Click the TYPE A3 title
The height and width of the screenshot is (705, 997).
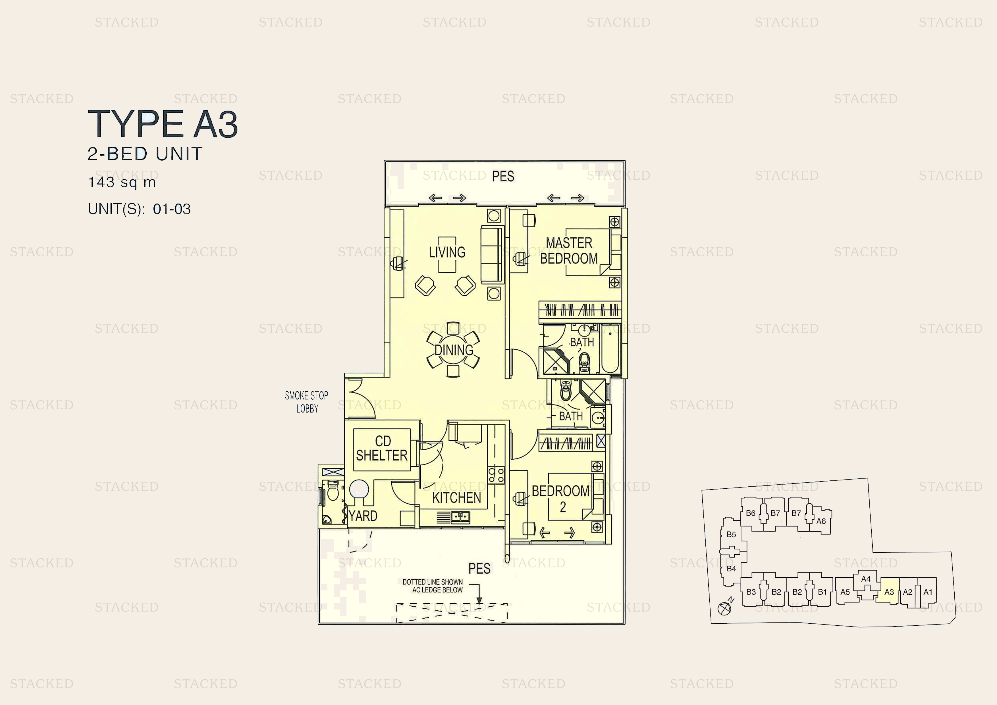pos(163,124)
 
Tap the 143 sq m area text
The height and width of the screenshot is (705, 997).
pos(122,182)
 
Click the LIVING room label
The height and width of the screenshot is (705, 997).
pos(447,252)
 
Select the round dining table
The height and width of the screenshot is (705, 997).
pos(453,350)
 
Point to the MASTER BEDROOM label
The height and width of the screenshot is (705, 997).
pos(569,251)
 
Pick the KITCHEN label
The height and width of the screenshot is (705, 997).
pos(456,497)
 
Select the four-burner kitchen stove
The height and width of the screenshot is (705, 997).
pos(496,475)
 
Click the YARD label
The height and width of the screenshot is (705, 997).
pos(363,516)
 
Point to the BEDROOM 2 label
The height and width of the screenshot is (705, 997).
pos(560,499)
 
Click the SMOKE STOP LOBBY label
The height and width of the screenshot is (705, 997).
pos(307,402)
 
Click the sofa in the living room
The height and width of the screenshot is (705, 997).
pos(492,254)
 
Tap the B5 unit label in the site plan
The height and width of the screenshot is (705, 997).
pos(731,534)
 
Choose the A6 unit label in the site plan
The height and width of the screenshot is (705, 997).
pos(821,521)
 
